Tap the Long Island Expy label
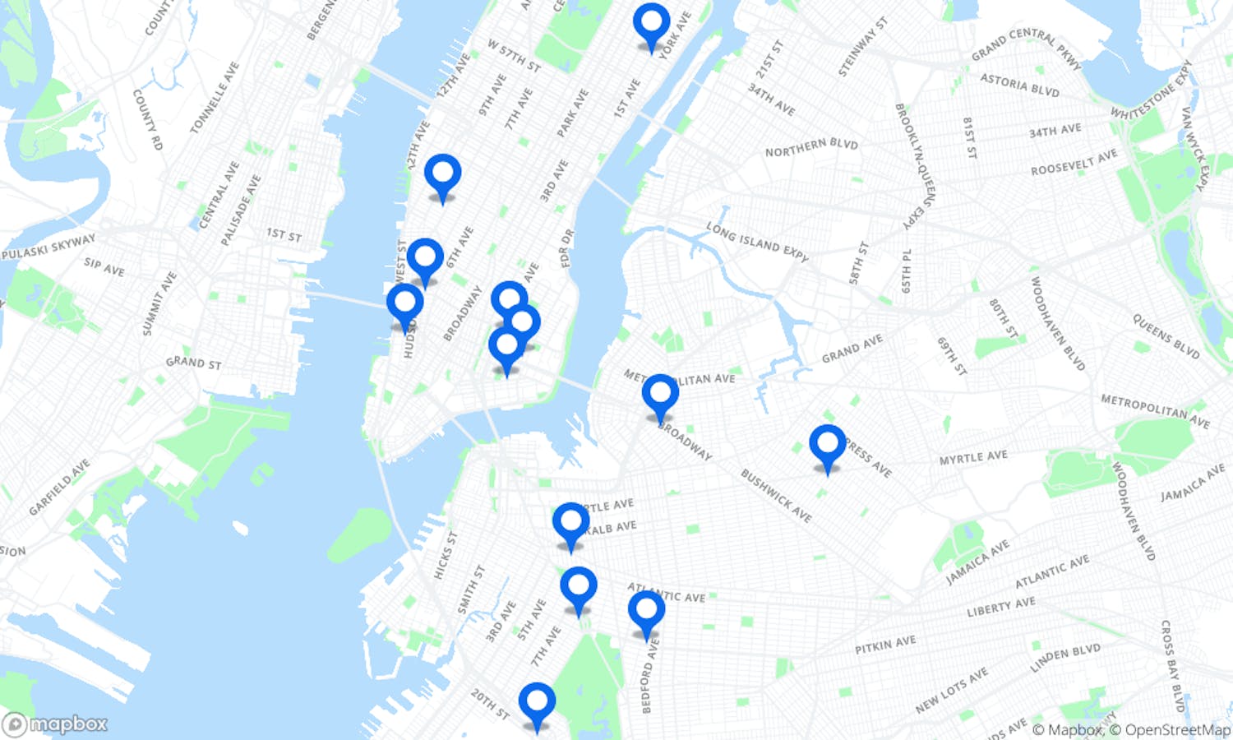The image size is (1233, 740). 757,242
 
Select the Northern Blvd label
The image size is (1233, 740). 811,147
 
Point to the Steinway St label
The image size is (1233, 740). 863,47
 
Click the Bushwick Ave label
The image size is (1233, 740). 776,496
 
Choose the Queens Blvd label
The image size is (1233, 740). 1166,336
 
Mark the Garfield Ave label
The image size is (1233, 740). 59,488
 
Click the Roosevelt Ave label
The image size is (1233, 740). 1074,162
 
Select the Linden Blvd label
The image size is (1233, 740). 1065,658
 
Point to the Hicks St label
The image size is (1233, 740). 445,555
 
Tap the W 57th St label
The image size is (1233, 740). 514,55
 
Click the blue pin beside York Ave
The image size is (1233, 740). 651,22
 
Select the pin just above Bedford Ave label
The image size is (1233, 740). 646,611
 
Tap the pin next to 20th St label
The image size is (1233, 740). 537,701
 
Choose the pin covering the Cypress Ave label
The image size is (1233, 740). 827,444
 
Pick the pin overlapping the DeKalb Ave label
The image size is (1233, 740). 570,522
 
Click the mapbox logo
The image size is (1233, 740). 56,724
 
